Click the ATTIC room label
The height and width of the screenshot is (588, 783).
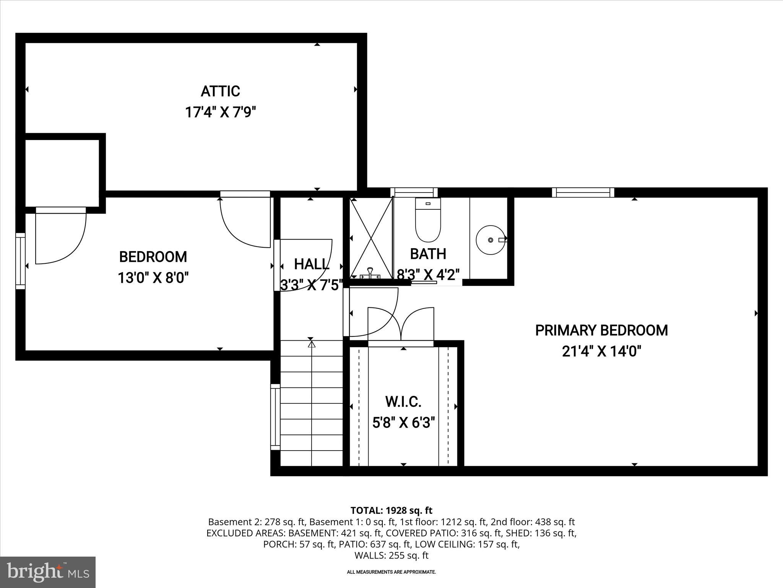[220, 91]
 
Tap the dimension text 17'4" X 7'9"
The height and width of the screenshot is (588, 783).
[220, 113]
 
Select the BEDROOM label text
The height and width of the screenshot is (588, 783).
[153, 257]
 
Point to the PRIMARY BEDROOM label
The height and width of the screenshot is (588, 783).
[601, 330]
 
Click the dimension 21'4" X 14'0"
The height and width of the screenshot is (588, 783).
[601, 351]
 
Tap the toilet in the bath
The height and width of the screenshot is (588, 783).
[428, 220]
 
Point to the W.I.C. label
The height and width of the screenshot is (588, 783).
[403, 402]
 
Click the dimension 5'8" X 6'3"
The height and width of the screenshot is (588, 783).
[403, 423]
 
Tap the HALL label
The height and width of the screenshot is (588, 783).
[311, 264]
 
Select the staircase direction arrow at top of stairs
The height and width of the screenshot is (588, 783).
[312, 344]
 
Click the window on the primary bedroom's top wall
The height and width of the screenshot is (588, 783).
[583, 192]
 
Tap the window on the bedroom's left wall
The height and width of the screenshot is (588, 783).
[20, 261]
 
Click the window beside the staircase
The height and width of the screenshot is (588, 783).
[275, 417]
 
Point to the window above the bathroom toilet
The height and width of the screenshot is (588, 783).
[414, 192]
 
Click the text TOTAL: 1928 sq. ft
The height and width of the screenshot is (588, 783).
[391, 510]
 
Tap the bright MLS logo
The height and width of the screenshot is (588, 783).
[47, 572]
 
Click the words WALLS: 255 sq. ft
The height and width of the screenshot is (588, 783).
[391, 555]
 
